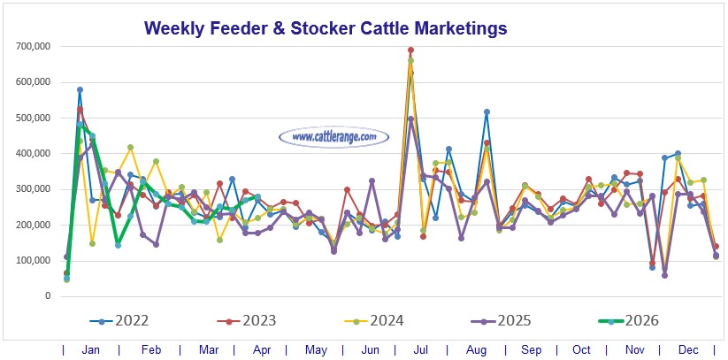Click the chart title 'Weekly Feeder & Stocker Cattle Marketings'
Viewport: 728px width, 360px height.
pyautogui.click(x=326, y=28)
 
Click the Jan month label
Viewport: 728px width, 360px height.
pyautogui.click(x=90, y=350)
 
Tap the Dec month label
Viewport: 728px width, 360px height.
pyautogui.click(x=687, y=350)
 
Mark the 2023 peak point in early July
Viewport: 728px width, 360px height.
pyautogui.click(x=410, y=50)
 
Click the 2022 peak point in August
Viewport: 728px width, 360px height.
pyautogui.click(x=487, y=111)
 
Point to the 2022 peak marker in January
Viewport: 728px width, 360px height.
pyautogui.click(x=80, y=89)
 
